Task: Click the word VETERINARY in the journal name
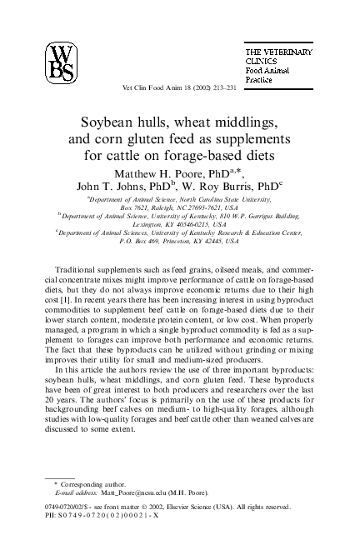[x=287, y=52]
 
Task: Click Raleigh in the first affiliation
[x=162, y=208]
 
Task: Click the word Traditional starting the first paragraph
[x=78, y=271]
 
